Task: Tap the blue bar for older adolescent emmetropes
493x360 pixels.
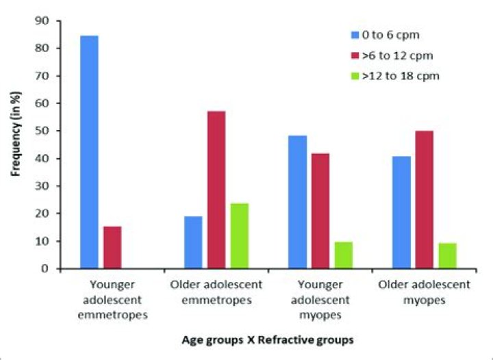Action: point(193,242)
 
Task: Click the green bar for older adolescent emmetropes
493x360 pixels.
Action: point(240,235)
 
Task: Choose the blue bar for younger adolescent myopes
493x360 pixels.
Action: point(297,202)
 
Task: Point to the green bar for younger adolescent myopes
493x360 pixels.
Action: point(343,255)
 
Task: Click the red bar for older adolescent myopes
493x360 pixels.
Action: point(425,199)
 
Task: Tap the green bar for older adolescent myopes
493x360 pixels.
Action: point(448,255)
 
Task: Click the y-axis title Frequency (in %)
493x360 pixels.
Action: point(16,145)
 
